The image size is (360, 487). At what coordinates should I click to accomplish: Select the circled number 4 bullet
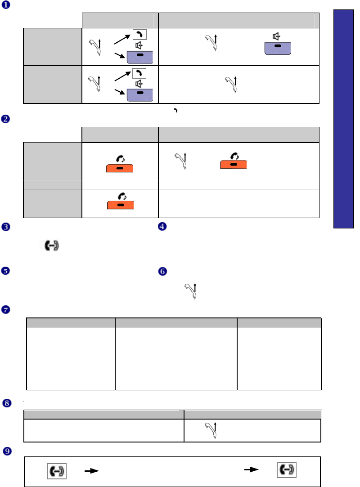coord(162,227)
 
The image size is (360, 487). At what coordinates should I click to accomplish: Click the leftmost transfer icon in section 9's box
coord(57,472)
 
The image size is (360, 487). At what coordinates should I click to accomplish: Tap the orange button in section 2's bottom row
coord(120,205)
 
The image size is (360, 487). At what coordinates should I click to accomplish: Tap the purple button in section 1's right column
coord(277,48)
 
